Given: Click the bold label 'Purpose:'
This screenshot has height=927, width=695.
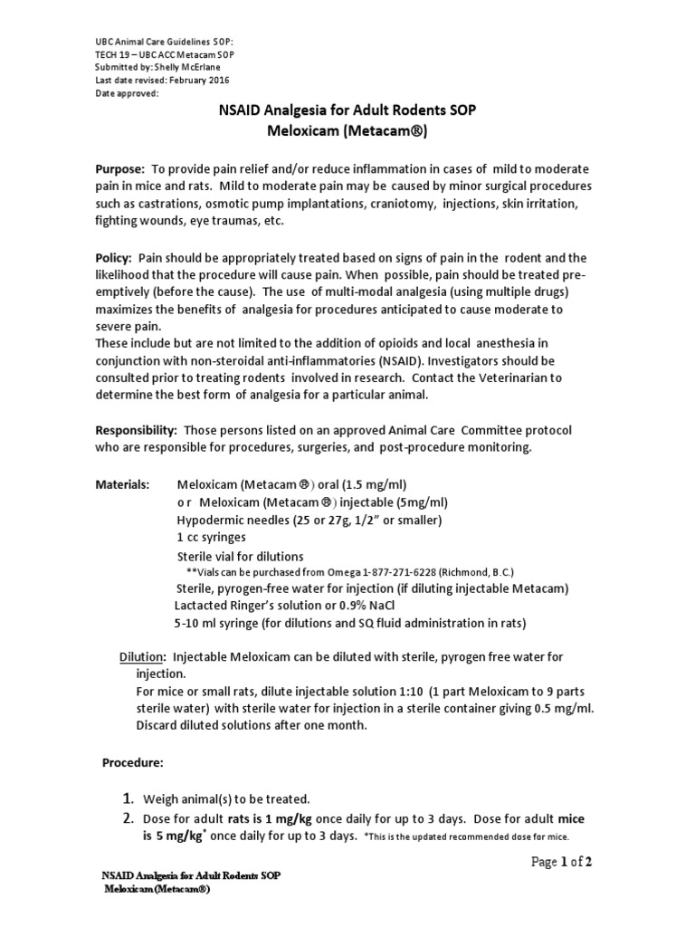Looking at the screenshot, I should pos(120,170).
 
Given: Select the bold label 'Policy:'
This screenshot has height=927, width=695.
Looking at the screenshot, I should pos(115,258).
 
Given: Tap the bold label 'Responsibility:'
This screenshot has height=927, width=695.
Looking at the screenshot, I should pos(137,428).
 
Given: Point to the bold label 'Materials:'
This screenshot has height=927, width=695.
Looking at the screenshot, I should pos(123,485).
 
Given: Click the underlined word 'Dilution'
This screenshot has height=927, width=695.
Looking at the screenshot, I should pos(142,656).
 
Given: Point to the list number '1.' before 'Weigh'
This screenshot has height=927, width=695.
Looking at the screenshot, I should pos(129,798).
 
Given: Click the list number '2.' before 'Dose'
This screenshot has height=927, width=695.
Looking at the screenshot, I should pos(129,818).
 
